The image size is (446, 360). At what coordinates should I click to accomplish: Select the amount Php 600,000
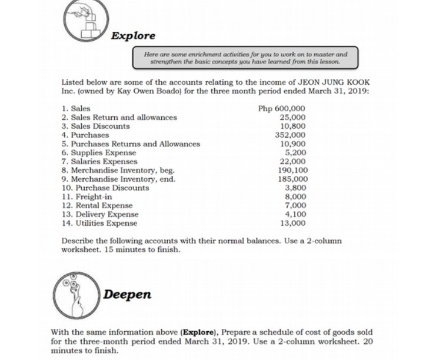coord(282,109)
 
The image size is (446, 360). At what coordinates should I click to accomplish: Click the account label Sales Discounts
coord(96,126)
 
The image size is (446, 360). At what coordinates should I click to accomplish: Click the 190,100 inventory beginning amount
coord(292,170)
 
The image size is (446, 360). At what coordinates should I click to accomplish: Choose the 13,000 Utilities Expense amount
coord(293,223)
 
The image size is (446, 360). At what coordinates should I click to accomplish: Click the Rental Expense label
coord(97,206)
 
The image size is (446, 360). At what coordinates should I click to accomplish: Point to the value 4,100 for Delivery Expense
coord(295,214)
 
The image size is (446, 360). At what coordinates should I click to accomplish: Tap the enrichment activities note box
coord(245,58)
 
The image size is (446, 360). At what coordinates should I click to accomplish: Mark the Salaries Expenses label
coord(99,161)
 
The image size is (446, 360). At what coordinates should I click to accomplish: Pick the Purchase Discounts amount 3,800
coord(295,188)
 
